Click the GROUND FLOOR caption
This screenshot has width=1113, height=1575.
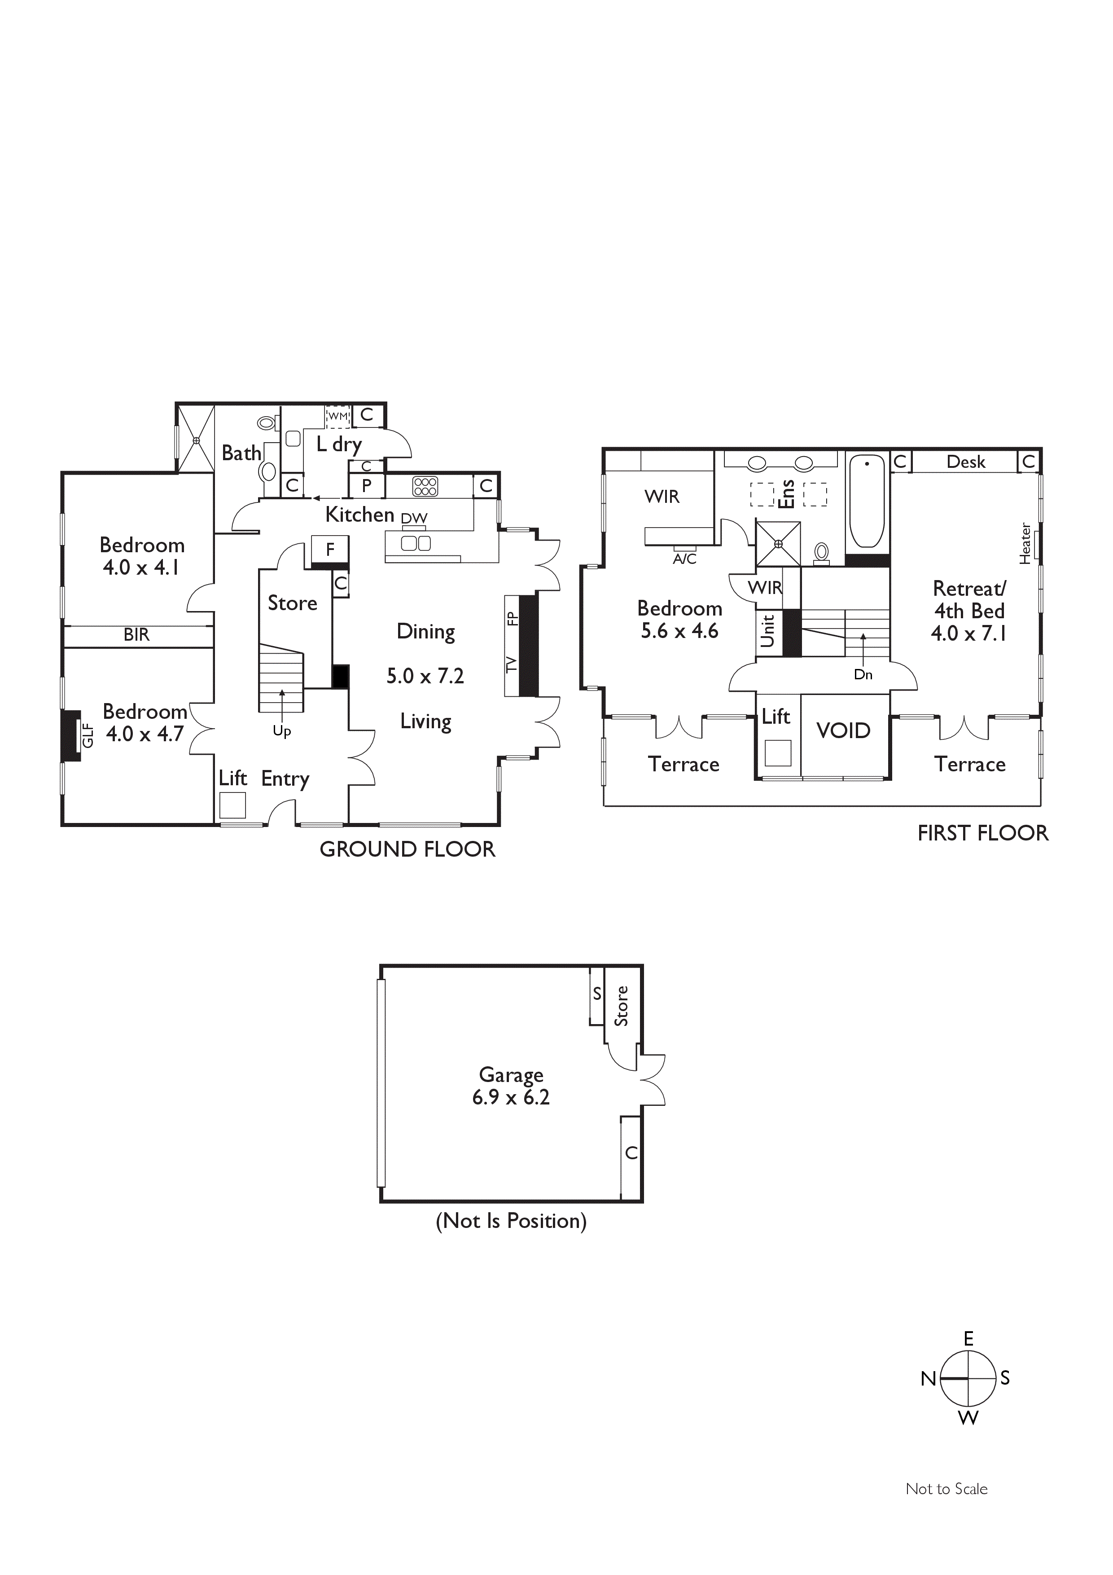point(408,849)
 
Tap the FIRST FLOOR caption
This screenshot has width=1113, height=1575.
point(983,833)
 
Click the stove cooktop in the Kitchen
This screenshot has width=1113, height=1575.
point(425,486)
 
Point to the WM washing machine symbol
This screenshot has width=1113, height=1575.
point(337,416)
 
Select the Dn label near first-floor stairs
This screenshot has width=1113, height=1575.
point(863,674)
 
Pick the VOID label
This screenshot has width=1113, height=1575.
point(843,730)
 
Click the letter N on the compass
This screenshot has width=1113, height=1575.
point(929,1379)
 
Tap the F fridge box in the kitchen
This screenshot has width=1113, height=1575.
point(330,550)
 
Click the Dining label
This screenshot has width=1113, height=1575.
point(426,632)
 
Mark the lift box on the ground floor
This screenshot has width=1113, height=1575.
point(232,805)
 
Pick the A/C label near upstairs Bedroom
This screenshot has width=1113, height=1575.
point(684,559)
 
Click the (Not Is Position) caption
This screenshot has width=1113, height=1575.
point(511,1221)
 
